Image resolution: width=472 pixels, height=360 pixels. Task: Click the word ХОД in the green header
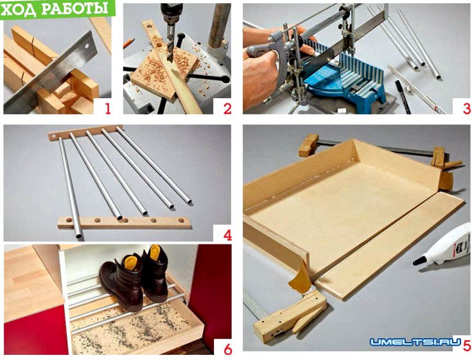click(19, 10)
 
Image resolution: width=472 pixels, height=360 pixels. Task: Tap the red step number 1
click(108, 108)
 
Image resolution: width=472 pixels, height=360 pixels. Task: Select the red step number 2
click(227, 108)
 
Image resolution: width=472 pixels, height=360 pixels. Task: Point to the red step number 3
click(467, 108)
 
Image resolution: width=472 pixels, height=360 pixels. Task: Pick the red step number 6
click(228, 350)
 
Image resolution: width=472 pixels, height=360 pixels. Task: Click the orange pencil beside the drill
click(128, 43)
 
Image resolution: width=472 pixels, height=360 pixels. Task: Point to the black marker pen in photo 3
click(403, 96)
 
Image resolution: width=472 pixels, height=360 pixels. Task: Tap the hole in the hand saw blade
click(87, 47)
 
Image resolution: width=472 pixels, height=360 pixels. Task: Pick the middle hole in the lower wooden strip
click(125, 220)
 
